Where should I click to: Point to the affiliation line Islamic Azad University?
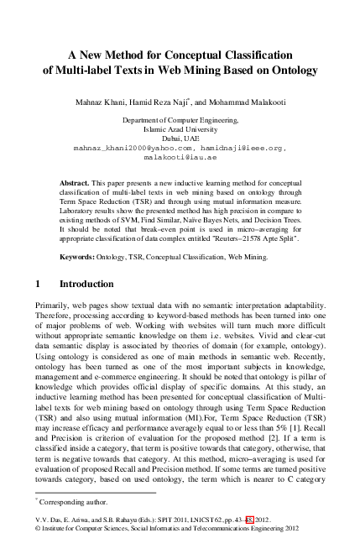(x=180, y=129)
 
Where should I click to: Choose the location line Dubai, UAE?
(x=180, y=138)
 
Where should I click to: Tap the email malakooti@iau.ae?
(x=180, y=157)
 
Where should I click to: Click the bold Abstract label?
(x=77, y=182)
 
